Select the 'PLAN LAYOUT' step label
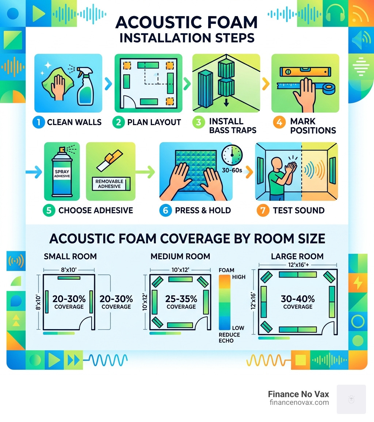(x=154, y=122)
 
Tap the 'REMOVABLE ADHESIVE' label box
(x=109, y=184)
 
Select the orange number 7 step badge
(x=263, y=210)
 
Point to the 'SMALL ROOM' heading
(x=70, y=256)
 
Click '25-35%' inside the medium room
(x=181, y=298)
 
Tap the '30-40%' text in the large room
(x=298, y=298)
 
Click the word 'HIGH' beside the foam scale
(x=239, y=277)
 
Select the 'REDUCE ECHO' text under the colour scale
(x=229, y=338)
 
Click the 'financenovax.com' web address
(x=298, y=403)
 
